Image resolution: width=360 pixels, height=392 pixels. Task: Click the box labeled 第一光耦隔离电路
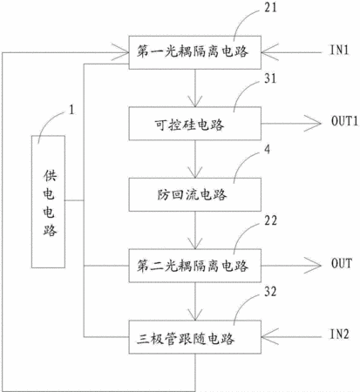pyautogui.click(x=195, y=52)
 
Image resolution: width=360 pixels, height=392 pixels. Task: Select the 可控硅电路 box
pyautogui.click(x=195, y=124)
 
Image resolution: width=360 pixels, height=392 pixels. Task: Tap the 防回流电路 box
pyautogui.click(x=195, y=194)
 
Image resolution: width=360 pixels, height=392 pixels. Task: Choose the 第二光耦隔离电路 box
pyautogui.click(x=195, y=266)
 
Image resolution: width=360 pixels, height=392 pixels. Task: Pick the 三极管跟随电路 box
pyautogui.click(x=195, y=337)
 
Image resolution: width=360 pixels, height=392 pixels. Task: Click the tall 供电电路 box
pyautogui.click(x=48, y=201)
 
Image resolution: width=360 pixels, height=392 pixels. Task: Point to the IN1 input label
pyautogui.click(x=339, y=50)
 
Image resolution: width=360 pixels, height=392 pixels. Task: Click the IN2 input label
pyautogui.click(x=339, y=335)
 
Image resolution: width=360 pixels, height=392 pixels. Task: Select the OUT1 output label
pyautogui.click(x=344, y=121)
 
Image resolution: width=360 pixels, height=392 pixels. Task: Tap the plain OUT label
pyautogui.click(x=342, y=263)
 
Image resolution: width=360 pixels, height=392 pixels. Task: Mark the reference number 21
pyautogui.click(x=270, y=8)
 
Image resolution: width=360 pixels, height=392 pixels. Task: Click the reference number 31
pyautogui.click(x=270, y=78)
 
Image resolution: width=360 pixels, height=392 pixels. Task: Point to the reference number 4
pyautogui.click(x=267, y=149)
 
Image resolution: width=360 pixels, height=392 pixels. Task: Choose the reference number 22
pyautogui.click(x=270, y=220)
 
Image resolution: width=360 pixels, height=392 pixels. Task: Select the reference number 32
pyautogui.click(x=270, y=292)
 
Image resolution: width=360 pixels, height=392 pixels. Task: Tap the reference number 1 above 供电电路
pyautogui.click(x=71, y=110)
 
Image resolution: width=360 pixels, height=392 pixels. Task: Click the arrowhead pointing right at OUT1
pyautogui.click(x=313, y=124)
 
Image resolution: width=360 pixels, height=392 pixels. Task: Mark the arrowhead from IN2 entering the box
pyautogui.click(x=270, y=337)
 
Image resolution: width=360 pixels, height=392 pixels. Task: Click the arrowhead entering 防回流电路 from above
pyautogui.click(x=195, y=172)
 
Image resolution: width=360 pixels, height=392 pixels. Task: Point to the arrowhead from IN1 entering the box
pyautogui.click(x=270, y=52)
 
